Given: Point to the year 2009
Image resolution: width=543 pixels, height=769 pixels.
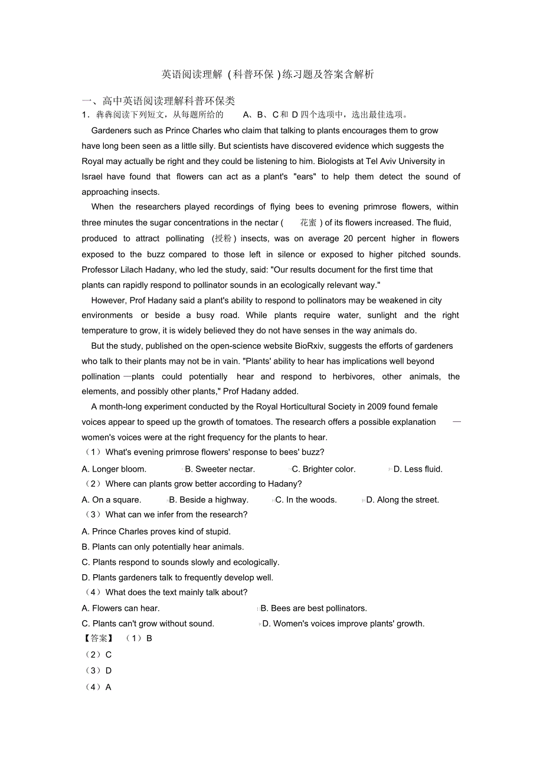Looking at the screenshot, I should [x=378, y=407].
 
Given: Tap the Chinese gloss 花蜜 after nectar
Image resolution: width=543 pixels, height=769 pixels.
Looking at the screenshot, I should [x=308, y=222].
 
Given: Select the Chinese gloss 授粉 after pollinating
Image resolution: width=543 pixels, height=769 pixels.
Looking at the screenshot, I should [x=224, y=238].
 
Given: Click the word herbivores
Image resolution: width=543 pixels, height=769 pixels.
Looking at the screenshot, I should [x=351, y=377].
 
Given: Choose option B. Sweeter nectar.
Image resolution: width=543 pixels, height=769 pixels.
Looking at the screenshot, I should [x=220, y=469].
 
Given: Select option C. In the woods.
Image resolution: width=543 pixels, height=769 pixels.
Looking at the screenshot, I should [x=306, y=500].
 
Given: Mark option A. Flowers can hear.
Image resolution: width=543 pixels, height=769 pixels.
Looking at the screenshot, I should [x=120, y=608].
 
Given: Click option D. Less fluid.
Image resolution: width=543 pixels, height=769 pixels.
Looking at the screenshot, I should [x=418, y=469].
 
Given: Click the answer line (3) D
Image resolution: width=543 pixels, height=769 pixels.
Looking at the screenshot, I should [x=99, y=671].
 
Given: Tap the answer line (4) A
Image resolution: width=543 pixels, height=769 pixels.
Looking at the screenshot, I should [x=99, y=688].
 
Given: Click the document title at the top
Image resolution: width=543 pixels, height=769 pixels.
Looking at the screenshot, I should [x=267, y=74].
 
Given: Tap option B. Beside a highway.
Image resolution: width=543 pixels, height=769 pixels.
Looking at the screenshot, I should [x=208, y=500].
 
